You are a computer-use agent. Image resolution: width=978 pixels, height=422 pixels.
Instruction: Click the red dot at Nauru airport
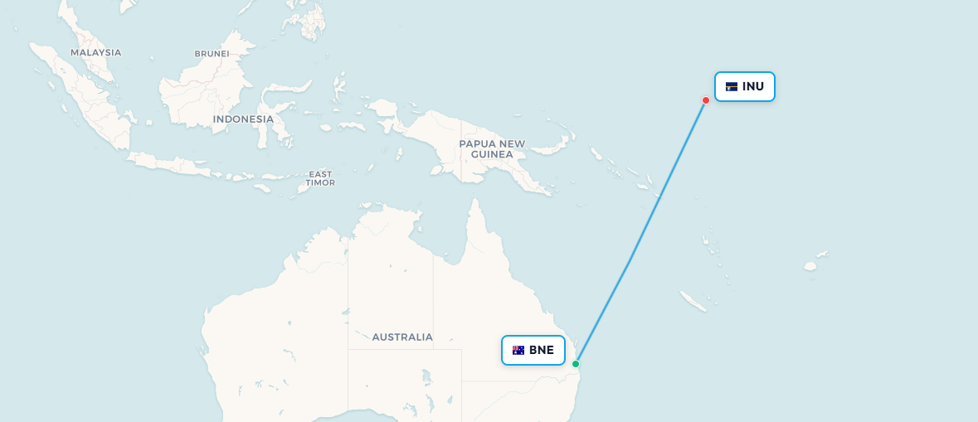tap(706, 100)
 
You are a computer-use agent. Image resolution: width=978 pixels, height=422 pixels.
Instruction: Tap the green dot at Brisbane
tap(576, 364)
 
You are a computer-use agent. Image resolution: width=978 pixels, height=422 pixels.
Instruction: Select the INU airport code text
tap(753, 87)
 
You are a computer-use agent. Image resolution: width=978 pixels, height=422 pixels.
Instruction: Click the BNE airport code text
tap(542, 350)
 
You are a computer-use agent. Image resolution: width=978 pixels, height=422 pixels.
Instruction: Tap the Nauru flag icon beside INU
tap(732, 87)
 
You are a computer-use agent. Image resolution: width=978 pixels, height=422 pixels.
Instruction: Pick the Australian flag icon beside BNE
tap(518, 350)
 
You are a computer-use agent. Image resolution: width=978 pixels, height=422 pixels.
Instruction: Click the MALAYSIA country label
tap(95, 52)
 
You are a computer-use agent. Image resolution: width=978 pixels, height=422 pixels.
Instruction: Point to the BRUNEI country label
tap(212, 54)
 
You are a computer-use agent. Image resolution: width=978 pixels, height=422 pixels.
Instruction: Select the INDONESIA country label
tap(243, 119)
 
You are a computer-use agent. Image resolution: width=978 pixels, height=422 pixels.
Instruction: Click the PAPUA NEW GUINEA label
tap(492, 149)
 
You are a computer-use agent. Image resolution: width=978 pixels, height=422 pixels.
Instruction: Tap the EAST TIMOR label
tap(320, 178)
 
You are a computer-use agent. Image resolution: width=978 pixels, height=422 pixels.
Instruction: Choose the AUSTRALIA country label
tap(402, 337)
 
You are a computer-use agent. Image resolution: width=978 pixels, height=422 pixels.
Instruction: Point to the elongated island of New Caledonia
tap(693, 301)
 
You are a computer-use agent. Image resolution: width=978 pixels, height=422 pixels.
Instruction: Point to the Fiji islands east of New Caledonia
tap(810, 266)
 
